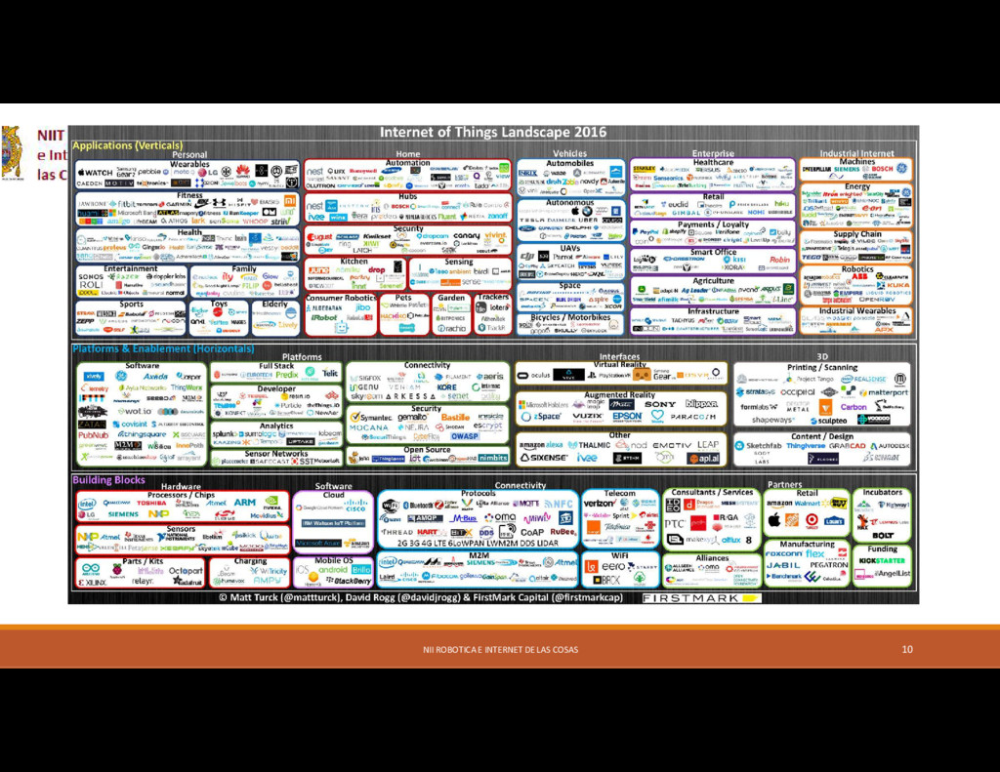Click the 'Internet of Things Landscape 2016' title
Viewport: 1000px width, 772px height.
click(492, 132)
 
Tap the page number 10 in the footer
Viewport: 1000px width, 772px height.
click(907, 649)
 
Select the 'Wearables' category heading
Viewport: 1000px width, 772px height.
click(189, 164)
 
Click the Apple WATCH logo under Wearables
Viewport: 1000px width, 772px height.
click(95, 173)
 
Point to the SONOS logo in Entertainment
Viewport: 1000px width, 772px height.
click(91, 277)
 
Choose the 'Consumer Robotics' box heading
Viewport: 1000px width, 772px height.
click(339, 298)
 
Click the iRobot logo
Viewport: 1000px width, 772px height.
click(324, 317)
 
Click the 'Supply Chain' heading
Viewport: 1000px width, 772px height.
click(856, 234)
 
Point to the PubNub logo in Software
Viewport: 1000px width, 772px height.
click(94, 435)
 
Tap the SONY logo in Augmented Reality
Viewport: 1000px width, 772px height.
click(659, 403)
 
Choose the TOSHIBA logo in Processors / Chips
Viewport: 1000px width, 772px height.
click(151, 503)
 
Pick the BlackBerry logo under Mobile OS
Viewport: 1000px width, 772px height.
click(352, 581)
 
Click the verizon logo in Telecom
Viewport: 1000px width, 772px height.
click(600, 504)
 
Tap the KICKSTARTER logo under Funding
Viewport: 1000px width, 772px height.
click(881, 561)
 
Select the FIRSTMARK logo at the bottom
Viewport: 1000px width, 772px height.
click(690, 597)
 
